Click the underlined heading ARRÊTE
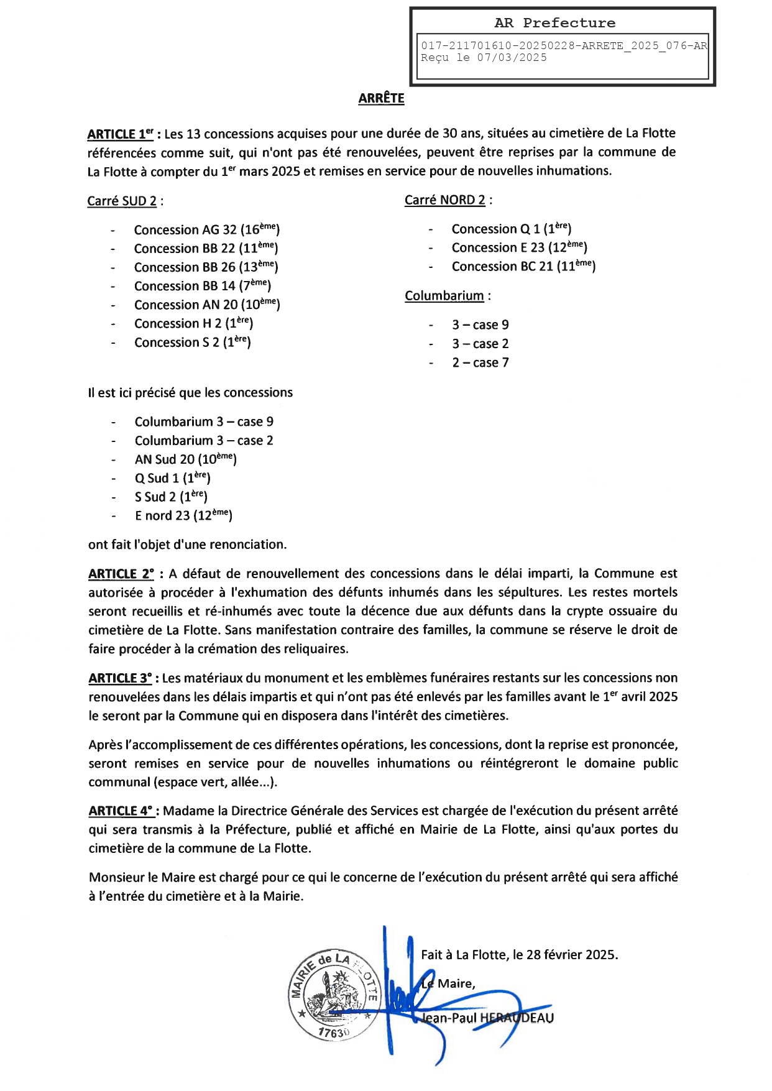tap(381, 98)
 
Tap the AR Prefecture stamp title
tap(554, 23)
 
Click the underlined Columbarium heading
tap(444, 296)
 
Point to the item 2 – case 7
tap(480, 362)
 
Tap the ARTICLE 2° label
tap(121, 574)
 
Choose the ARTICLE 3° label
tap(120, 678)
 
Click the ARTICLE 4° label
tap(121, 811)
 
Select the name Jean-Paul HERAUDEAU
tap(487, 1018)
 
